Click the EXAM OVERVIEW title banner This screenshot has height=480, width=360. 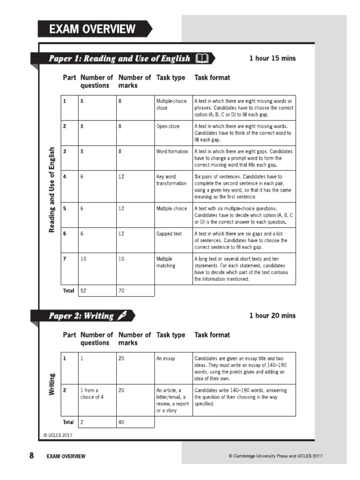pyautogui.click(x=93, y=29)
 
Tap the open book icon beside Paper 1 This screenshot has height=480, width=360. pyautogui.click(x=202, y=59)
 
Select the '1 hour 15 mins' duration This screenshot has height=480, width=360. pyautogui.click(x=272, y=59)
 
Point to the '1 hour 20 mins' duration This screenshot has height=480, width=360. pyautogui.click(x=272, y=315)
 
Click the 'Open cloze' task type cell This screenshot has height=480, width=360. pyautogui.click(x=168, y=127)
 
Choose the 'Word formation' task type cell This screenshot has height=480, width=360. pyautogui.click(x=172, y=151)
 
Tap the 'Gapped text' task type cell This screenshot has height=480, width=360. pyautogui.click(x=169, y=233)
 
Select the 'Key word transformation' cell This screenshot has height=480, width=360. pyautogui.click(x=172, y=180)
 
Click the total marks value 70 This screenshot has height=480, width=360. pyautogui.click(x=121, y=291)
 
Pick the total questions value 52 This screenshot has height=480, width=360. pyautogui.click(x=83, y=291)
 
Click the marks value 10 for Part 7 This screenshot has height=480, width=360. pyautogui.click(x=121, y=259)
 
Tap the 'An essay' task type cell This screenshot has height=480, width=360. pyautogui.click(x=165, y=359)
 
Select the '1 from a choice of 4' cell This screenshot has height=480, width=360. pyautogui.click(x=92, y=394)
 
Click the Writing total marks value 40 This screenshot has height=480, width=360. pyautogui.click(x=121, y=422)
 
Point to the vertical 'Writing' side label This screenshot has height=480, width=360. pyautogui.click(x=52, y=384)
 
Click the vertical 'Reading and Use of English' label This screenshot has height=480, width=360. pyautogui.click(x=52, y=189)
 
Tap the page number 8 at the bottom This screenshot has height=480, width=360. pyautogui.click(x=31, y=455)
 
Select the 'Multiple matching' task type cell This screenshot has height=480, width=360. pyautogui.click(x=165, y=262)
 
